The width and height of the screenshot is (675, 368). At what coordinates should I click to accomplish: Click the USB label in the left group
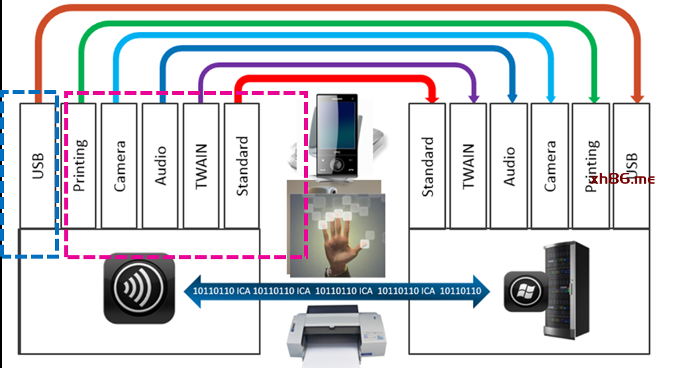37,166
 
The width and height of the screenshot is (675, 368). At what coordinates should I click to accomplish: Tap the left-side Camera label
120,166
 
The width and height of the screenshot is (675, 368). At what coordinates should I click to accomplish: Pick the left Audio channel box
161,165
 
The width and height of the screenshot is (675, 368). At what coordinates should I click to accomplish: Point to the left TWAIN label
202,166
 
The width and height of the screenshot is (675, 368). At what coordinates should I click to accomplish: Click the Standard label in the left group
242,166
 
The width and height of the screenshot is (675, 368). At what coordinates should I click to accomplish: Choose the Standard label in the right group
428,166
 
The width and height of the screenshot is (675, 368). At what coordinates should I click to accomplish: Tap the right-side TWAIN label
469,166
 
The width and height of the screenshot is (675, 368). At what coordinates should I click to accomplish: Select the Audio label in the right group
509,166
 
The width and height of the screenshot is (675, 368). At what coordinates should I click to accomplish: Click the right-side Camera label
550,166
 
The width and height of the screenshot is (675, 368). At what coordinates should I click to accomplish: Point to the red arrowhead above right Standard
433,97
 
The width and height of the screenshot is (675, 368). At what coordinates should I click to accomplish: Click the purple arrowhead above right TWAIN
474,97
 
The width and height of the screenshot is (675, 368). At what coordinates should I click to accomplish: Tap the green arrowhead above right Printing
594,97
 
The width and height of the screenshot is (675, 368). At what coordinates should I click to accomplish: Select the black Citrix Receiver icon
140,287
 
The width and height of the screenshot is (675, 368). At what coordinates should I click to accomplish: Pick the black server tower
566,289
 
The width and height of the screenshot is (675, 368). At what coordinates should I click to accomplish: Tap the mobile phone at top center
336,136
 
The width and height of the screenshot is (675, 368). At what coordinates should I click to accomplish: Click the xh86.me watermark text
621,179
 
